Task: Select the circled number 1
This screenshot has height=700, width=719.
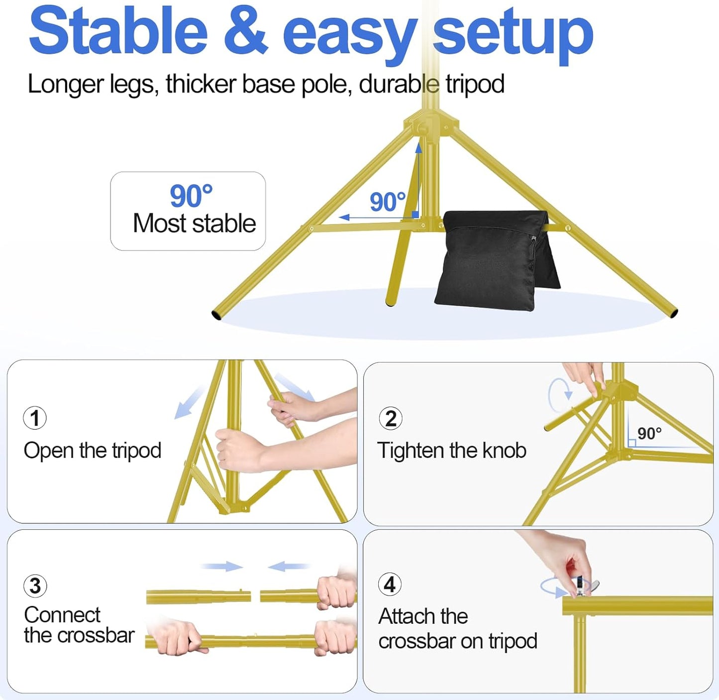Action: tap(35, 418)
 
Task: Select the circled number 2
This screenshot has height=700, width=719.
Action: tap(391, 418)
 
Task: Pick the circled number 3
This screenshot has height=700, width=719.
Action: tap(35, 586)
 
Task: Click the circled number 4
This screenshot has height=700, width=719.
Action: tap(390, 584)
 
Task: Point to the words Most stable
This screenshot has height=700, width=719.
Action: tap(194, 223)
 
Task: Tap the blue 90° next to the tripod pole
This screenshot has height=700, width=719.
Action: tap(388, 202)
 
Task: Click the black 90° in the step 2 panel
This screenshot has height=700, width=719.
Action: tap(649, 433)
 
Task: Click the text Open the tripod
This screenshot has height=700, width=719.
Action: tap(93, 451)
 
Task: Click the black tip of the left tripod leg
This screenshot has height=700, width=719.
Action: tap(216, 315)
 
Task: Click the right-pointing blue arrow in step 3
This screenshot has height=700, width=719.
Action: tap(222, 566)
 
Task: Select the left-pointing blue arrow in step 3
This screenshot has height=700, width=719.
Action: tap(288, 566)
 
